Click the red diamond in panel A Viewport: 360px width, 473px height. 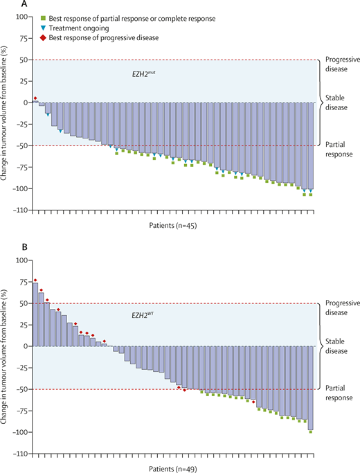35,98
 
